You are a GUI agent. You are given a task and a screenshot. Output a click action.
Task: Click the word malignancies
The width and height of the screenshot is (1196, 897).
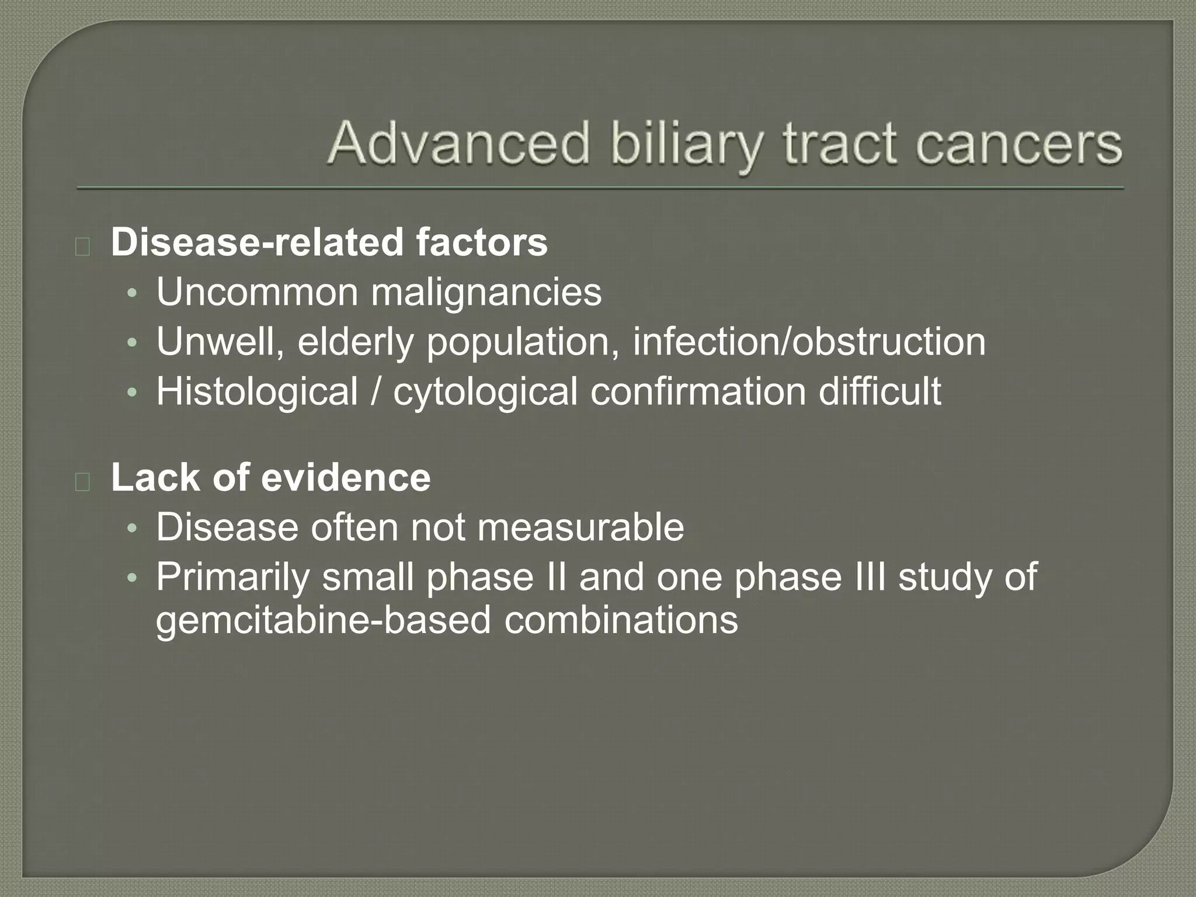click(486, 293)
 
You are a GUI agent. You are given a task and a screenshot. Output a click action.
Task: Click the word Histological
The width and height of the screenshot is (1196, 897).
click(257, 391)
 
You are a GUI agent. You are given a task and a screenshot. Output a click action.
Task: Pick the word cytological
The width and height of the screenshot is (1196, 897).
click(485, 392)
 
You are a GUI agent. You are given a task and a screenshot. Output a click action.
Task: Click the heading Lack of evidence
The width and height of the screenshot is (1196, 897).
click(271, 477)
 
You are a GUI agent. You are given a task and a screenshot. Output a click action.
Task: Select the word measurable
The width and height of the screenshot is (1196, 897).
click(580, 527)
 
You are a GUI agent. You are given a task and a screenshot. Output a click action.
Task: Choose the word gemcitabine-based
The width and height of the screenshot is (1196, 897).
click(323, 620)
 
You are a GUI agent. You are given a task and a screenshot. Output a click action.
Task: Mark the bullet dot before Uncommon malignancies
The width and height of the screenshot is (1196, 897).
click(132, 293)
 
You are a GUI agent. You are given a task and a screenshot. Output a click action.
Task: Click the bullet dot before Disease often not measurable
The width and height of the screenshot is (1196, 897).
click(132, 528)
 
